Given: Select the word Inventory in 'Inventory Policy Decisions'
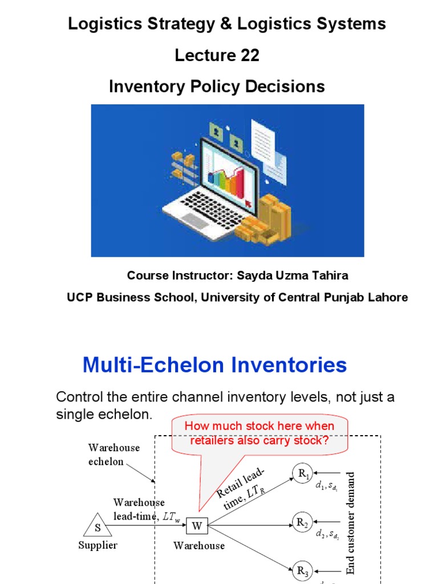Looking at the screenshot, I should [x=145, y=87].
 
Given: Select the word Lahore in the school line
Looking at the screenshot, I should [x=387, y=298].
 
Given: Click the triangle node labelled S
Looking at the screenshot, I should [x=98, y=526].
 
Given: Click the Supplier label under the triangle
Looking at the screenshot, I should [x=98, y=545].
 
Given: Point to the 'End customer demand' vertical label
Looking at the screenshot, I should [x=351, y=522].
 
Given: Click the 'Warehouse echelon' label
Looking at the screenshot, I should [x=114, y=455].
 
